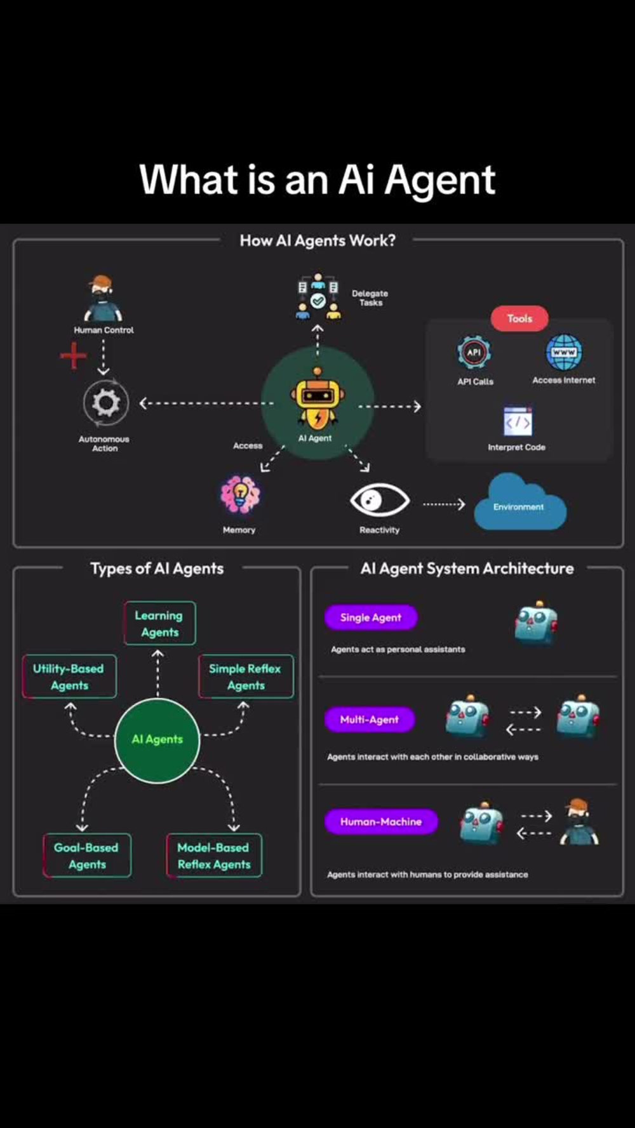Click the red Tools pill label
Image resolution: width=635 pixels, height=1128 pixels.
click(519, 318)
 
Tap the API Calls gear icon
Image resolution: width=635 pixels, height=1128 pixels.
click(474, 353)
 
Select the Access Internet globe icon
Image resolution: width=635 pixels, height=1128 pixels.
click(564, 353)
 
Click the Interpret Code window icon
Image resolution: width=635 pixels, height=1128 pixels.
click(518, 422)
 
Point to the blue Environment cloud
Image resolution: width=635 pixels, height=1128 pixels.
click(520, 502)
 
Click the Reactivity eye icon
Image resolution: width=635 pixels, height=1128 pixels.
click(380, 501)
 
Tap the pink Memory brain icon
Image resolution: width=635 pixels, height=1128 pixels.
click(239, 495)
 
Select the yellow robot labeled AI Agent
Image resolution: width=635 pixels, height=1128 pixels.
click(317, 400)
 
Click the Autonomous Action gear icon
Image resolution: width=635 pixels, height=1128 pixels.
click(105, 403)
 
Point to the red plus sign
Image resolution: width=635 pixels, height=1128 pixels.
click(74, 355)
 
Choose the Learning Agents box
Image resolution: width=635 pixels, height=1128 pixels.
click(159, 623)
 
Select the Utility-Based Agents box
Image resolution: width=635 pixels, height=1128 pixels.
click(69, 676)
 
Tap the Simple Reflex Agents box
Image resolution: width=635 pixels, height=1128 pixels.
click(246, 676)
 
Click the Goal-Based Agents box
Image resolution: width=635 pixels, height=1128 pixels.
click(87, 855)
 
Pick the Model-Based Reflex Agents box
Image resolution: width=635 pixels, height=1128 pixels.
click(214, 855)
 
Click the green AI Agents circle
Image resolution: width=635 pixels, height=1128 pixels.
click(157, 740)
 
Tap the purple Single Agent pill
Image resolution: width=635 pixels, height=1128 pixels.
click(371, 617)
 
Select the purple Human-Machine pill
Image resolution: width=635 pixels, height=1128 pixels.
click(381, 822)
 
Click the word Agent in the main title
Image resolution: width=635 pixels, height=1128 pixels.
click(439, 181)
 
